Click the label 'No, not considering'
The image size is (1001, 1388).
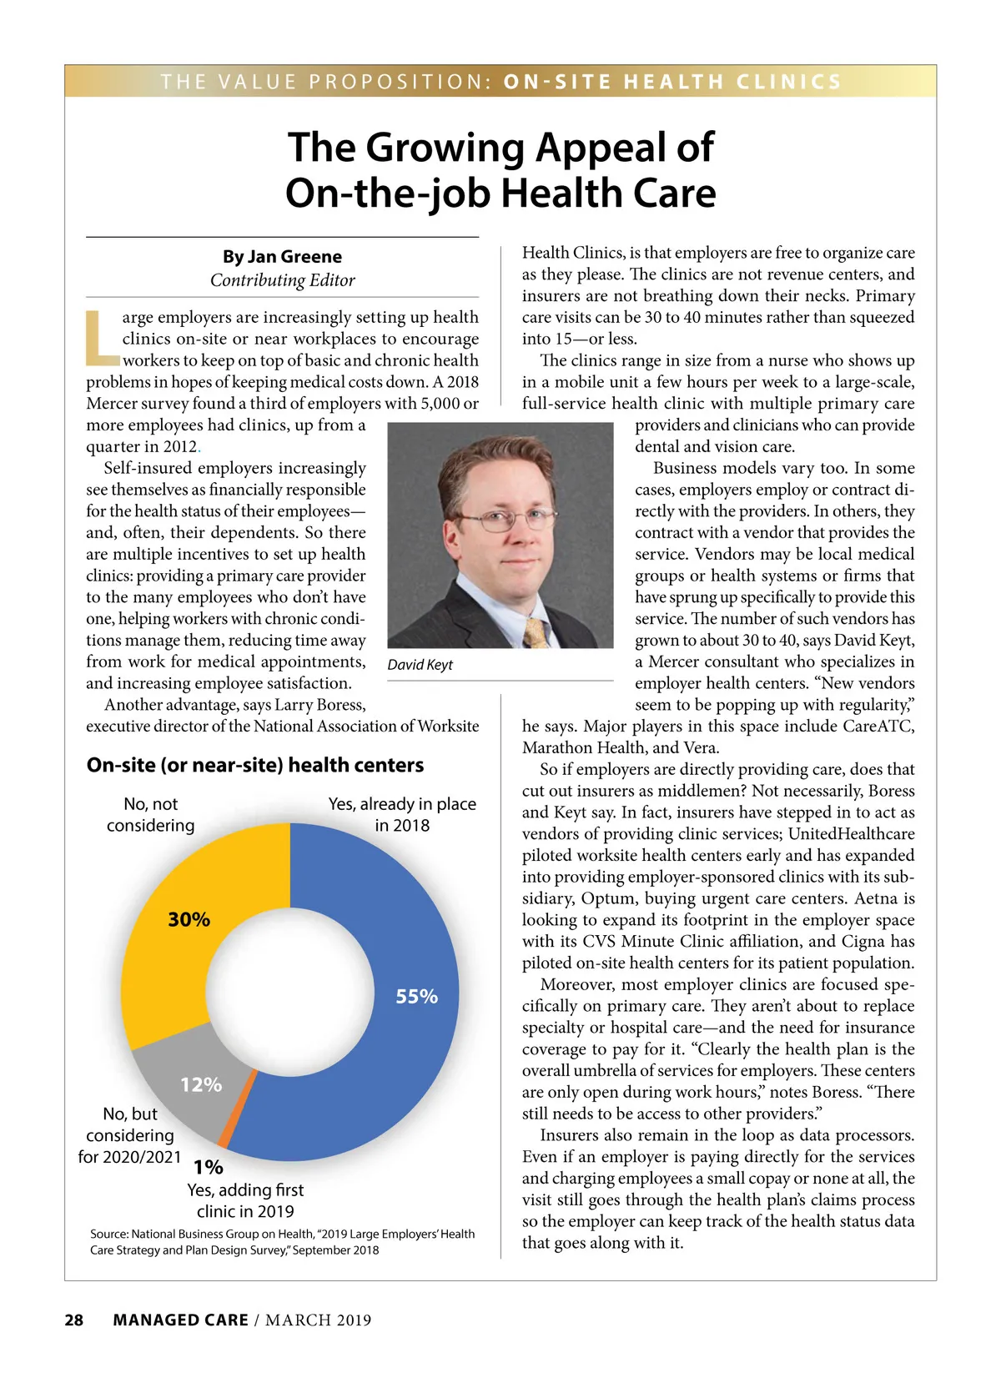click(x=150, y=814)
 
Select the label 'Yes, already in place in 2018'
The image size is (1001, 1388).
click(x=402, y=814)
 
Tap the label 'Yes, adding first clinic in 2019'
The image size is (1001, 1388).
click(x=245, y=1200)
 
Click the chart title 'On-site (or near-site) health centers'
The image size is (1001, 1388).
click(x=255, y=765)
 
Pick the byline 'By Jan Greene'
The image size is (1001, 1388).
click(x=282, y=256)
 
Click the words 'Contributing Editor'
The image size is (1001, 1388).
click(x=282, y=280)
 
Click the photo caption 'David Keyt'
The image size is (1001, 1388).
click(x=420, y=665)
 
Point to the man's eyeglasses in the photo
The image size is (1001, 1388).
click(x=505, y=521)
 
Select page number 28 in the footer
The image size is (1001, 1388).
click(x=74, y=1320)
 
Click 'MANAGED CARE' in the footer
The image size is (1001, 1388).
click(x=180, y=1320)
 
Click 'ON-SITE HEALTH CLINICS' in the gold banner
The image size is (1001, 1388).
click(x=672, y=82)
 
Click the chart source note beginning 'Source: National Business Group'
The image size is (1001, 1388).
click(x=282, y=1241)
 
